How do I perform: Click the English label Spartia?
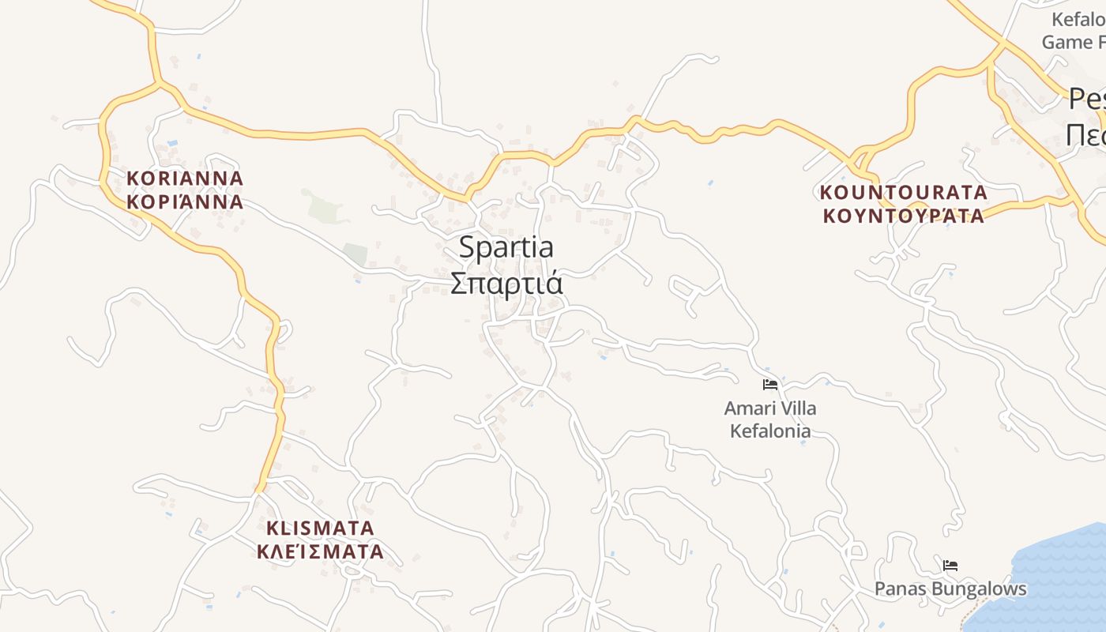tap(506, 248)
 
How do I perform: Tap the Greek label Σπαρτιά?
tap(506, 283)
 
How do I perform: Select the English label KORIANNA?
tap(185, 179)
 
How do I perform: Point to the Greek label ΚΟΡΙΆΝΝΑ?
tap(185, 201)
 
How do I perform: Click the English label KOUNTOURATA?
tap(903, 192)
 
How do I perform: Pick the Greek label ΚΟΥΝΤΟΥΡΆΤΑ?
tap(903, 216)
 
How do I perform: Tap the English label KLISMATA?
tap(320, 528)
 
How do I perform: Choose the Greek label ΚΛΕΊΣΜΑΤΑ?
tap(320, 551)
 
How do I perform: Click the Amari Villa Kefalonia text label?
tap(770, 419)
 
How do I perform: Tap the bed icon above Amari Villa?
tap(770, 385)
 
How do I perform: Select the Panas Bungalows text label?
tap(950, 589)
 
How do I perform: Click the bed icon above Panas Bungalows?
tap(950, 566)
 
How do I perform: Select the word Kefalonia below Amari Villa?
tap(770, 431)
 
